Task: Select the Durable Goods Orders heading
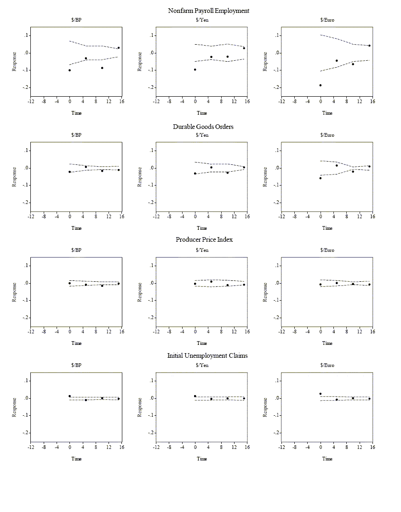click(x=203, y=127)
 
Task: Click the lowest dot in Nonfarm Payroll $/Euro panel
click(x=321, y=85)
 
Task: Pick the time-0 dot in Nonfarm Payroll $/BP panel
click(x=69, y=70)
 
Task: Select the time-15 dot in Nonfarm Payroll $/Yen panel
click(x=244, y=48)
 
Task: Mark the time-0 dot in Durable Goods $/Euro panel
click(x=321, y=178)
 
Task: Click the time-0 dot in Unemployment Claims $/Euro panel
click(x=321, y=394)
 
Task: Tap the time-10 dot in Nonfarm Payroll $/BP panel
click(x=102, y=68)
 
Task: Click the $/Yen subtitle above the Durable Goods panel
click(x=202, y=135)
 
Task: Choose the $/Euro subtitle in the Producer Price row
click(x=327, y=250)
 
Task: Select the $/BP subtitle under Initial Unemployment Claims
click(x=76, y=366)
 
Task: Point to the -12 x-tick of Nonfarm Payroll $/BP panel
click(x=31, y=101)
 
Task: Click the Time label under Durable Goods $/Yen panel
click(x=202, y=228)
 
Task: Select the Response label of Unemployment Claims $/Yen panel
click(x=140, y=407)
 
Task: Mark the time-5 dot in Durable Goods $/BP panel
click(x=86, y=167)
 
